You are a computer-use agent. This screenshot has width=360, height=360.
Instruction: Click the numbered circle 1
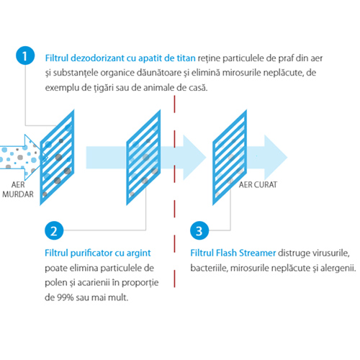[25, 55]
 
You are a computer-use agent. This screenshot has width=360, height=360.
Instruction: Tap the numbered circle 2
[54, 230]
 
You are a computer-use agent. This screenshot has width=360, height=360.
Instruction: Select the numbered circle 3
[199, 230]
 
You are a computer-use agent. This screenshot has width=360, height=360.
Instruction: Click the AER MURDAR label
[18, 189]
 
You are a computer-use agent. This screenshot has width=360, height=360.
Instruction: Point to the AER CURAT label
[258, 184]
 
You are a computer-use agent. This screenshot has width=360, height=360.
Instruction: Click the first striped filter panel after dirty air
[57, 158]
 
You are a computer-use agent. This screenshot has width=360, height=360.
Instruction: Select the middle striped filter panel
[143, 158]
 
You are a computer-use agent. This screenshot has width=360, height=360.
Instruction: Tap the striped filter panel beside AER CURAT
[230, 158]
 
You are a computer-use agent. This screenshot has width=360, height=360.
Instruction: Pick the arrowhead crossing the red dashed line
[193, 158]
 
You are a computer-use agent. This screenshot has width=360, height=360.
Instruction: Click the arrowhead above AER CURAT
[275, 158]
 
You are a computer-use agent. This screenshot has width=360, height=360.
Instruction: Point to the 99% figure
[66, 297]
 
